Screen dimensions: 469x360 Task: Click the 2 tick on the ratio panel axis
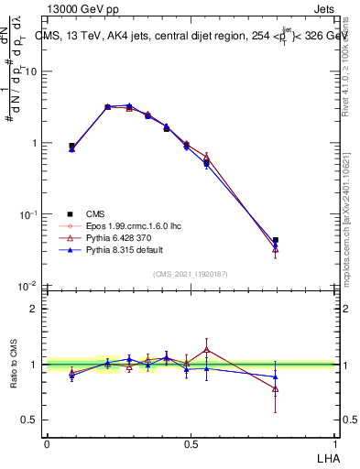(x=35, y=309)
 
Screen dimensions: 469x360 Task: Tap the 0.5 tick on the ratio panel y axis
(x=30, y=420)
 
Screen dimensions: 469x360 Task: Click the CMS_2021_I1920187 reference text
(x=191, y=273)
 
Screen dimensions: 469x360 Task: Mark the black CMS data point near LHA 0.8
(x=276, y=241)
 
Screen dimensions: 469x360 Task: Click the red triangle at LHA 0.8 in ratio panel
(x=276, y=388)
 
